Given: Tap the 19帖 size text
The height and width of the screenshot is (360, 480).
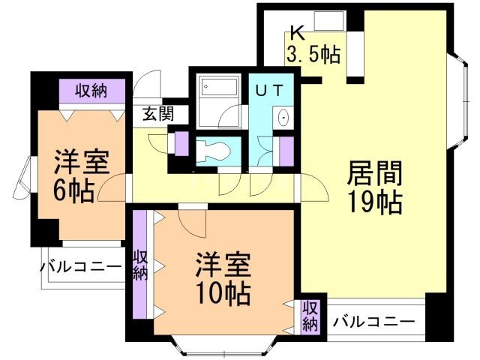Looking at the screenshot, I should (x=373, y=202).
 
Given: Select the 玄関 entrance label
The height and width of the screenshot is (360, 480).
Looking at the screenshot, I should (x=158, y=114).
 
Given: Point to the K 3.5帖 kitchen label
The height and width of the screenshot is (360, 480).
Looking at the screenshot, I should (x=313, y=44).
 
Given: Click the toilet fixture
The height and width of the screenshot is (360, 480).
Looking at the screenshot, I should (x=212, y=148).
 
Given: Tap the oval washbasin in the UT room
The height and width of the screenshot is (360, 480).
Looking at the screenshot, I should (x=283, y=118).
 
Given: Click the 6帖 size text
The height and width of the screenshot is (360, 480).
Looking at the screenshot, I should (x=73, y=190).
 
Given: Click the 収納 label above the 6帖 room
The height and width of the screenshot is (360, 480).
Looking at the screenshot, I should (x=91, y=91).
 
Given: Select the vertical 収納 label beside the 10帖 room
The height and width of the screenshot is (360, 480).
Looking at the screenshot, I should (x=139, y=264).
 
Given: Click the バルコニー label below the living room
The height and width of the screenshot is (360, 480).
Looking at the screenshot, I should (x=373, y=322).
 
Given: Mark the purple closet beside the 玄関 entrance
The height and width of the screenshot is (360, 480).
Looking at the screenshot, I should (x=181, y=142).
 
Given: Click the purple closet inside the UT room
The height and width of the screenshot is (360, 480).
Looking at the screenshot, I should (x=285, y=150).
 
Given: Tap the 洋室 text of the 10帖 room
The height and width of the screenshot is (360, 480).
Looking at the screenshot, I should (x=223, y=264).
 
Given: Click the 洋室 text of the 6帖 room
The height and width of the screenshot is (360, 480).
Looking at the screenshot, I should (x=81, y=163).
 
